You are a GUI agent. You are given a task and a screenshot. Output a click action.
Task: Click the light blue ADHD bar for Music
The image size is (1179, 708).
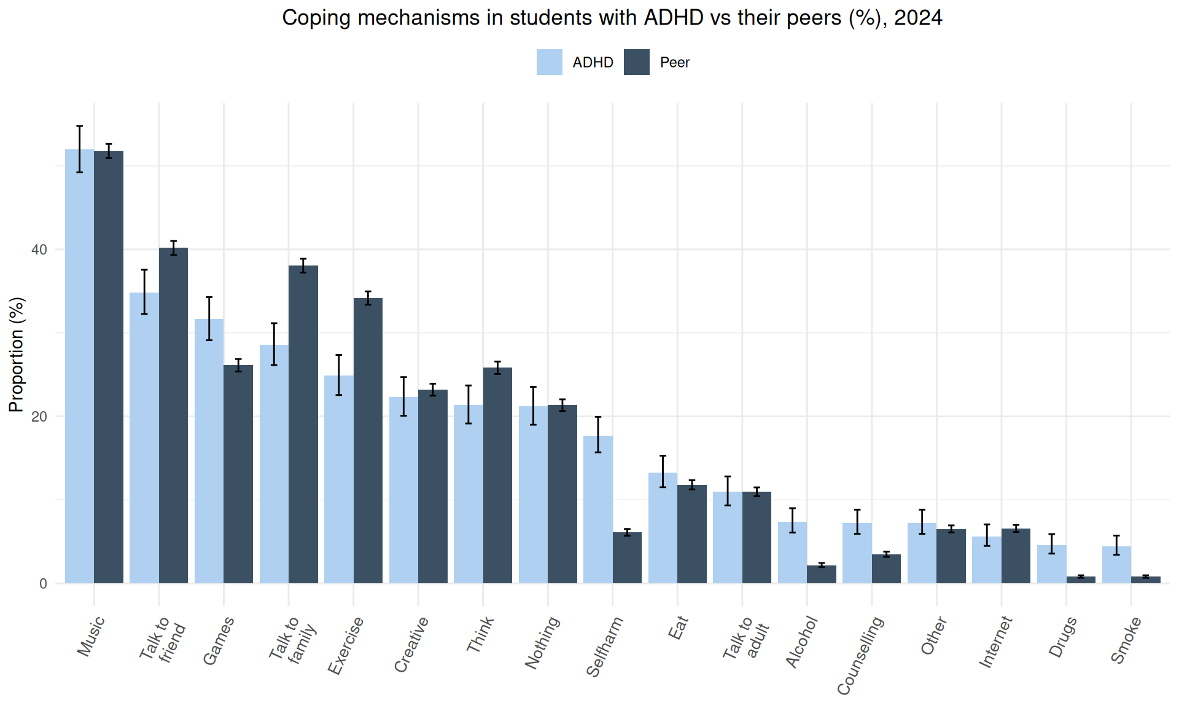79,369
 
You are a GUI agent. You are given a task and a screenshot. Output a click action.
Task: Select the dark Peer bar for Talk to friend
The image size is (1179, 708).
173,418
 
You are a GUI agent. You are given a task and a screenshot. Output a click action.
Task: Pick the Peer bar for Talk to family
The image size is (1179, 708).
303,424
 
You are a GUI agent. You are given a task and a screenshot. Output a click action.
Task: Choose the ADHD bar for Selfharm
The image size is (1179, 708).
597,510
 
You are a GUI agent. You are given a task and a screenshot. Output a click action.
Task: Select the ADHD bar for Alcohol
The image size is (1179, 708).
792,553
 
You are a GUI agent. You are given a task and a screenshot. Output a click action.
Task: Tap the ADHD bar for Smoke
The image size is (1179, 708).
1116,565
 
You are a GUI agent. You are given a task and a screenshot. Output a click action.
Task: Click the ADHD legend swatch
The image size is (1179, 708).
549,62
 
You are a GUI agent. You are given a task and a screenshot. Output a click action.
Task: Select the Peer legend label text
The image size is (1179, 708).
674,62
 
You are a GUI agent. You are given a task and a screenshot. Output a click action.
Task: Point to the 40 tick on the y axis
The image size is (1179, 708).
39,250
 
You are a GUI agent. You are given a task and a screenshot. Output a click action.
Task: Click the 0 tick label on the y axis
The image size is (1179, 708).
42,584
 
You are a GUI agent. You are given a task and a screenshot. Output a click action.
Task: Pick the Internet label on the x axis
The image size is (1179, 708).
995,642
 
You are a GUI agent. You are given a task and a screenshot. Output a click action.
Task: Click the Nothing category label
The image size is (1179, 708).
542,642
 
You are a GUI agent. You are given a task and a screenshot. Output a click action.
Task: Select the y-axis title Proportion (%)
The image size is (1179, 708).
17,355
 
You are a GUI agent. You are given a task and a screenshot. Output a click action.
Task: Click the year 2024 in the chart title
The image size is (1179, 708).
917,18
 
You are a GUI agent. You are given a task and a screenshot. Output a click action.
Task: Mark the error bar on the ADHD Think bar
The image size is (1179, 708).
469,404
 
